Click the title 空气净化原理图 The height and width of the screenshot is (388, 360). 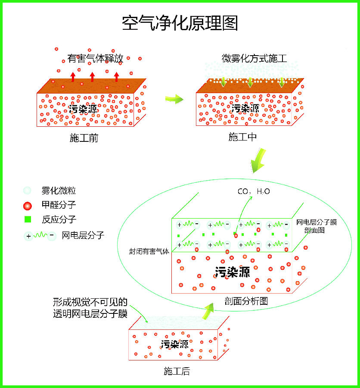point(180,23)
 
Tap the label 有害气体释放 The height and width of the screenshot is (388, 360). point(96,58)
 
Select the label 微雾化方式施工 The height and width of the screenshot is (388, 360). point(254,58)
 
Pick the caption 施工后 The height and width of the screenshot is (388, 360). point(177,371)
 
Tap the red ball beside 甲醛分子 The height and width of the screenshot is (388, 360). point(27,205)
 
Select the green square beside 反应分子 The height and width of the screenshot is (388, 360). point(28,219)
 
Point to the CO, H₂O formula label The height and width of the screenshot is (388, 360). point(254,191)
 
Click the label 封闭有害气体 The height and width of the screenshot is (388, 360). point(149,251)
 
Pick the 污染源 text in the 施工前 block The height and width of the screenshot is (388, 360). point(83,109)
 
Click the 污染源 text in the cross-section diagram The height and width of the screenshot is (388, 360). point(232,272)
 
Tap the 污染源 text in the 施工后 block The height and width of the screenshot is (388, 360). point(175,344)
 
